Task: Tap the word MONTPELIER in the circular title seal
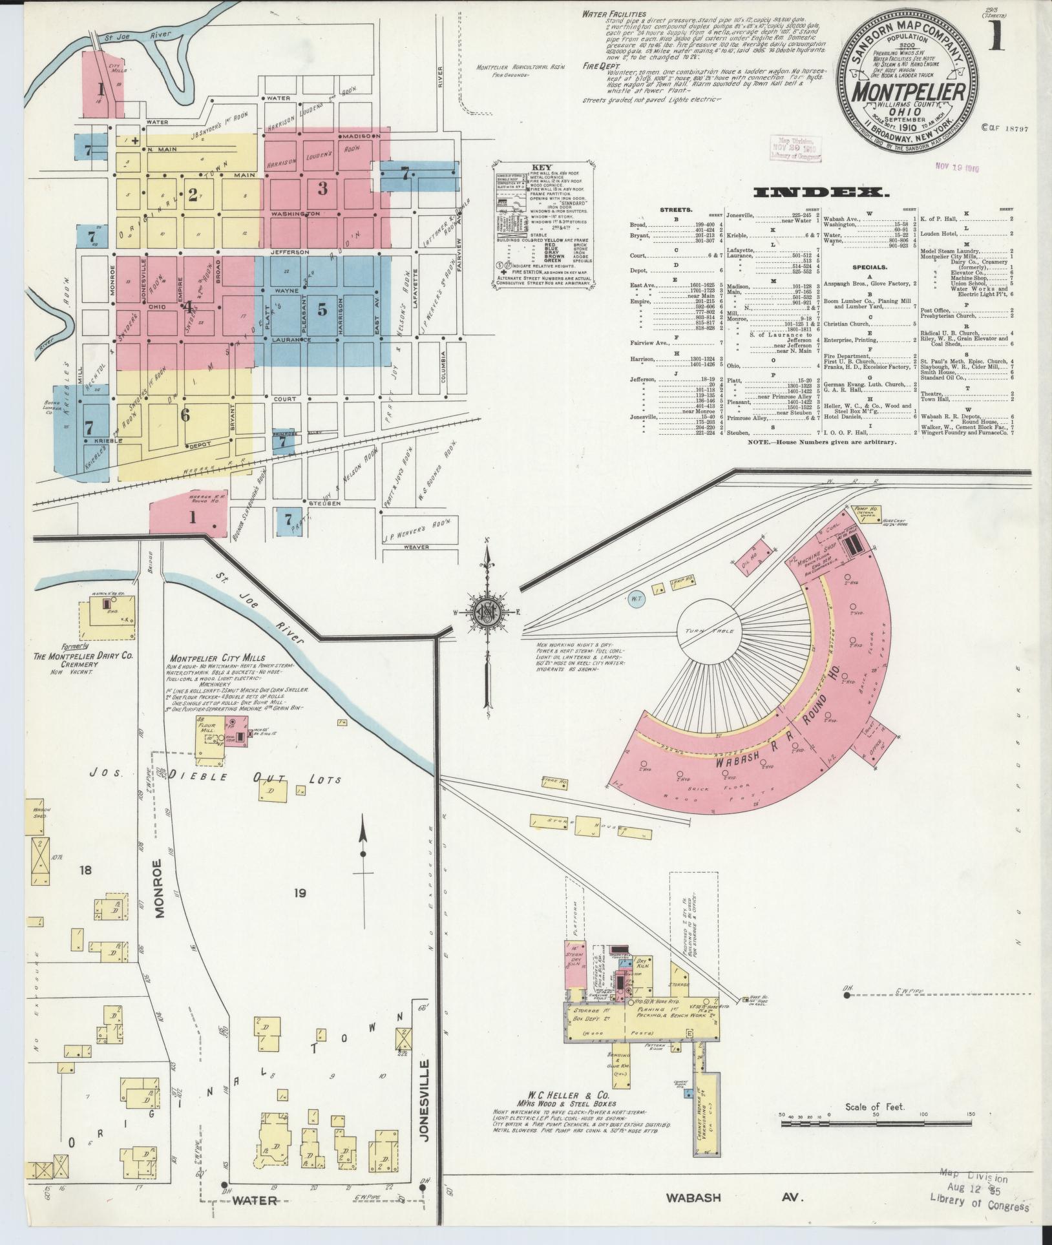tap(903, 92)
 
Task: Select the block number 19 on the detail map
tap(299, 893)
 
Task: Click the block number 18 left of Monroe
tap(85, 870)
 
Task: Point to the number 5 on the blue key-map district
tap(321, 309)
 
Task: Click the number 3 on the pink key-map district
tap(322, 188)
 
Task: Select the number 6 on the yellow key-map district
tap(185, 414)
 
